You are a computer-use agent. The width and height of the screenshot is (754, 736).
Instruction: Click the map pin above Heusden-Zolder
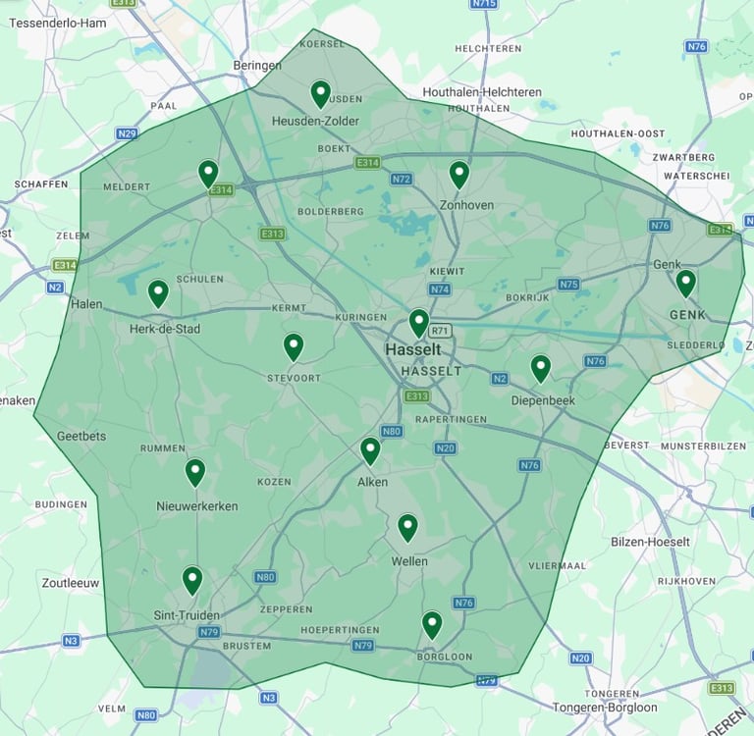pos(320,93)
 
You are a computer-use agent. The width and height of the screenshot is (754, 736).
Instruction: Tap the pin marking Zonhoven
pos(458,175)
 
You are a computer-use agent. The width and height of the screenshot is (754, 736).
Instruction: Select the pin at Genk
pos(685,283)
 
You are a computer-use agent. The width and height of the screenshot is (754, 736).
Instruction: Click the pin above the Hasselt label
pos(419,322)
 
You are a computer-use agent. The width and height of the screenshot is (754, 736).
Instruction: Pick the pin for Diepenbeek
pos(541,368)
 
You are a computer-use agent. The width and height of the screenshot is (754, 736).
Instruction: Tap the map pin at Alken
pos(370,450)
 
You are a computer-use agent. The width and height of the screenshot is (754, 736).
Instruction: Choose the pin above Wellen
pos(407,527)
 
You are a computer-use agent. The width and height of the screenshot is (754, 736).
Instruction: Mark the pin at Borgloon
pos(432,624)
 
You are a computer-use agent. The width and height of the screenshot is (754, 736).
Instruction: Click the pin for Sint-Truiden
pos(192,580)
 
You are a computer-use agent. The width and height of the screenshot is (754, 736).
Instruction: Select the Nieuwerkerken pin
pos(195,472)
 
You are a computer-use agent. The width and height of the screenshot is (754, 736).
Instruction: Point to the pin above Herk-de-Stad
pos(158,292)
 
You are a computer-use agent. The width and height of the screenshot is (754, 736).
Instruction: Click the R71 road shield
pos(439,332)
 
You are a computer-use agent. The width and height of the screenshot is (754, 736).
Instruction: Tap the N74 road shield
pos(439,289)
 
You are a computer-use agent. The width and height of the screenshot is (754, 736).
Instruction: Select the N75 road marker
pos(568,285)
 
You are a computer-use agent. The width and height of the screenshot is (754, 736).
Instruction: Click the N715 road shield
pos(483,4)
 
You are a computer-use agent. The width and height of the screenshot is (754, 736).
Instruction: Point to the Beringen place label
pos(257,66)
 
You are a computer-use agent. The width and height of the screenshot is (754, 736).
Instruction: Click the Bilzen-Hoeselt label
pos(649,542)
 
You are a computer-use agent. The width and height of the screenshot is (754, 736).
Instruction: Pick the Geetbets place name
pos(81,436)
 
